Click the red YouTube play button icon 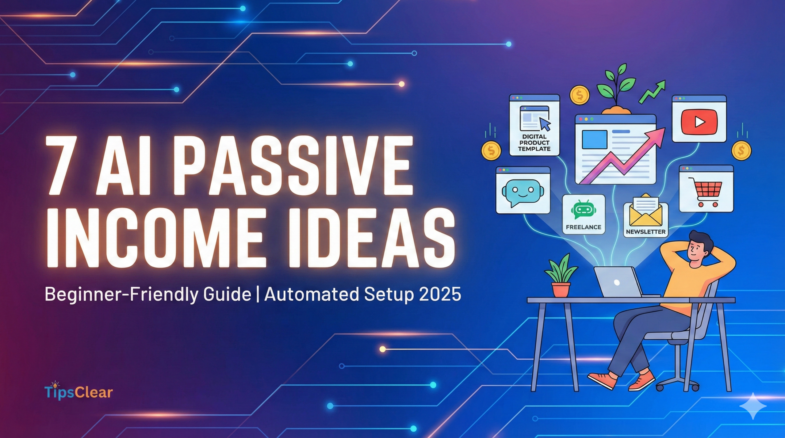click(699, 122)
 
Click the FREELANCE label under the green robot click(584, 227)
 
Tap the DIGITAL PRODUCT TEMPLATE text click(534, 143)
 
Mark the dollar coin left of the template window click(491, 150)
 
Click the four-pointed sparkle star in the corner click(753, 406)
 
